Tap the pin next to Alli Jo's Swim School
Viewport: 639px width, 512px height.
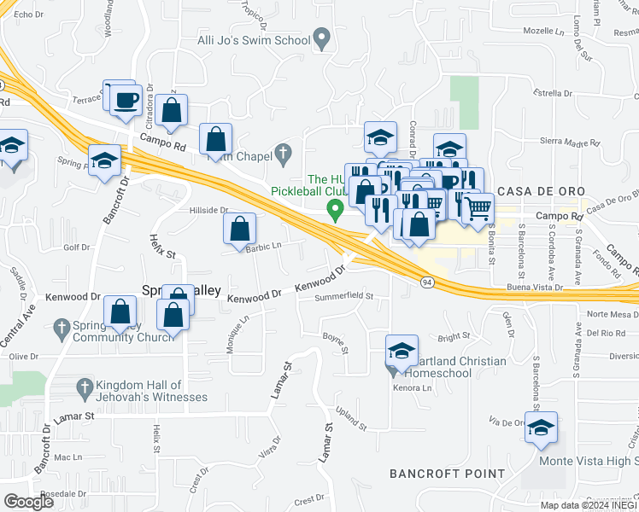[322, 38]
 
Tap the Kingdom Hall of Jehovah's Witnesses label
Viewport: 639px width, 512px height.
[151, 391]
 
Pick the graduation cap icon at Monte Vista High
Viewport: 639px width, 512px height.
[541, 429]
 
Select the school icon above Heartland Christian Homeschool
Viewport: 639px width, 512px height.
[402, 351]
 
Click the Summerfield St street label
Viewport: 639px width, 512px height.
[344, 296]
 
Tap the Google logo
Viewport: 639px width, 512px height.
[28, 502]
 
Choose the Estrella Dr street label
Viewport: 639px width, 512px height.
[551, 93]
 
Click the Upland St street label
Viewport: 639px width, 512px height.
[351, 420]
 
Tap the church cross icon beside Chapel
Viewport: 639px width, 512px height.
[283, 154]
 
